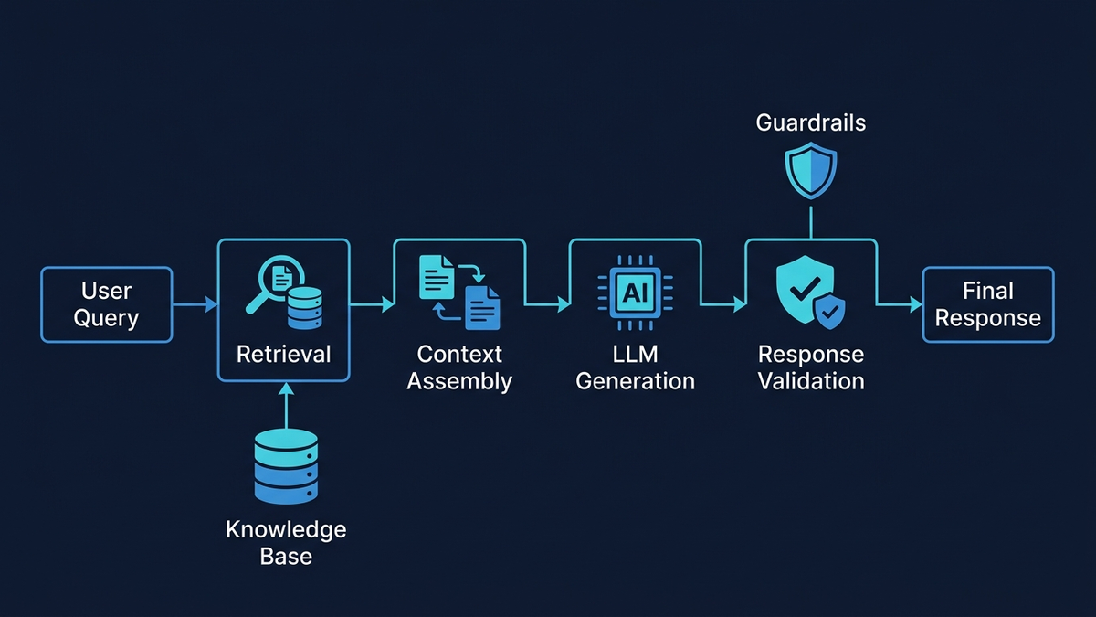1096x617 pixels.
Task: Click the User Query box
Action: click(107, 304)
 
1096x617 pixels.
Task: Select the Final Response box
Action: click(987, 304)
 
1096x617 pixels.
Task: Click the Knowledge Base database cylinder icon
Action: click(286, 466)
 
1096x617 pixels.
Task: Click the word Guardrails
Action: click(811, 122)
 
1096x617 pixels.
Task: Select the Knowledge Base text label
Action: click(286, 543)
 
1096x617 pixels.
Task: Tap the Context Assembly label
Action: click(459, 367)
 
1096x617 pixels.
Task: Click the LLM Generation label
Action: click(635, 367)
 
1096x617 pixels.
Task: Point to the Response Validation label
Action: click(811, 367)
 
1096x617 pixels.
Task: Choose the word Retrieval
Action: click(283, 354)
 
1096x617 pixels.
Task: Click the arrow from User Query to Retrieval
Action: click(194, 304)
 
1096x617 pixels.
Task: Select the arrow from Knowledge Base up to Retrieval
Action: click(286, 405)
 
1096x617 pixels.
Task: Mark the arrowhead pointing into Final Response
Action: click(916, 304)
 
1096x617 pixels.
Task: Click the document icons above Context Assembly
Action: click(459, 291)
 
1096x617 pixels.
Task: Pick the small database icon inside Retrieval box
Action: click(304, 307)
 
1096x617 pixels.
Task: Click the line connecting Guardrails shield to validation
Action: click(811, 219)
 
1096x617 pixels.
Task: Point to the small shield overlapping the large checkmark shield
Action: click(830, 314)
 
